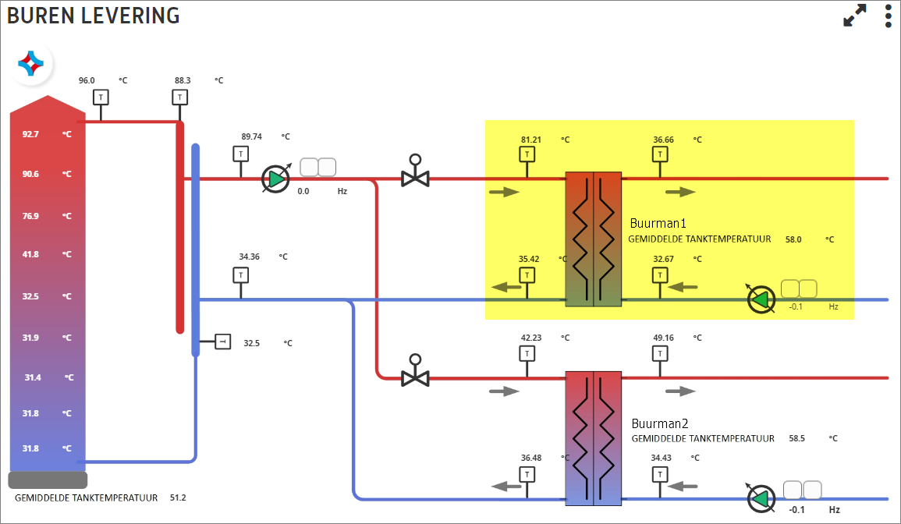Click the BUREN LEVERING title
coord(93,16)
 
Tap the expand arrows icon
coord(854,16)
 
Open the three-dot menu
coord(889,16)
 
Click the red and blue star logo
coord(31,63)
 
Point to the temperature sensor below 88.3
coord(180,97)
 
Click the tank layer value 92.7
coord(30,134)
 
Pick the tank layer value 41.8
coord(30,254)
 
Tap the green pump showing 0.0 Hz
coord(276,179)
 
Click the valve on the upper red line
coord(415,172)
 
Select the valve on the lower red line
coord(415,370)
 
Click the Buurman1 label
coord(658,223)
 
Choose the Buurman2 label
coord(660,423)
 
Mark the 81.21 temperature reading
coord(531,140)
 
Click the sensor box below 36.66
coord(660,154)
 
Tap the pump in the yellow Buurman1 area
coord(761,299)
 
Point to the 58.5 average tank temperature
coord(796,438)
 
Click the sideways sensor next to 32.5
coord(223,342)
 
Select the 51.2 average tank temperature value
coord(178,497)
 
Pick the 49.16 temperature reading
coord(663,338)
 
